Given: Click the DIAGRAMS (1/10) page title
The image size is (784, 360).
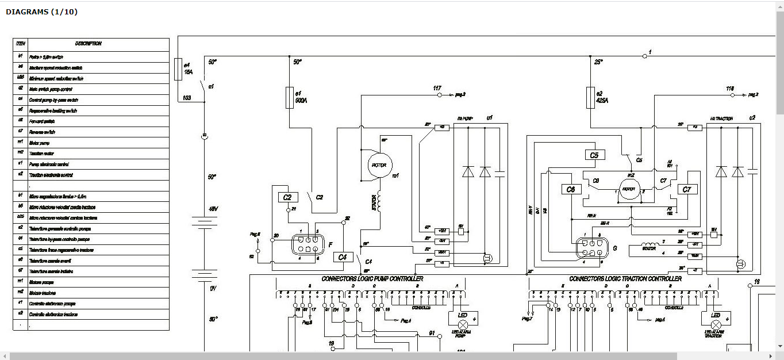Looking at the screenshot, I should [x=41, y=12].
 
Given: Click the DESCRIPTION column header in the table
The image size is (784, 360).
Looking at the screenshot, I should [x=88, y=44].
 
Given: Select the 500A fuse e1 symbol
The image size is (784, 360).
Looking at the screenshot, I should [x=290, y=98].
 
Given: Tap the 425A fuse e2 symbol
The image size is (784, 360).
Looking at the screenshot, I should [x=590, y=98].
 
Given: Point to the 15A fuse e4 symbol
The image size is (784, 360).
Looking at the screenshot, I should [x=178, y=69].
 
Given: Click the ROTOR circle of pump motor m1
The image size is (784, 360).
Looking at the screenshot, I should [x=379, y=165].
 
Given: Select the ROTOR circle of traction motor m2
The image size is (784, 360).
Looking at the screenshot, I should [x=628, y=189].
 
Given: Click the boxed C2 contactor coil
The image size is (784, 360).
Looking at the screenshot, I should [x=288, y=197].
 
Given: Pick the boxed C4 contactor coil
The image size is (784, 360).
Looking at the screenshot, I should [x=343, y=257].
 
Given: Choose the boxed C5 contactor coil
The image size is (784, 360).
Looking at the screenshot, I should [x=594, y=155].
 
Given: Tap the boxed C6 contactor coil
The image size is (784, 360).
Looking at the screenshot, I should [x=570, y=189].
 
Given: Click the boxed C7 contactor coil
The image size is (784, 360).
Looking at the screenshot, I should [x=686, y=189].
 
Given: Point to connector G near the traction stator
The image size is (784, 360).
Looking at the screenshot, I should [x=592, y=248].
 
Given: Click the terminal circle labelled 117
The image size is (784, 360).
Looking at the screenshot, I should [x=437, y=94].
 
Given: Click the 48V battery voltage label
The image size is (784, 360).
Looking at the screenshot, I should [x=213, y=209].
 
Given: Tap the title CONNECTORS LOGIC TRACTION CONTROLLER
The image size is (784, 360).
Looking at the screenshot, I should [x=625, y=279].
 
